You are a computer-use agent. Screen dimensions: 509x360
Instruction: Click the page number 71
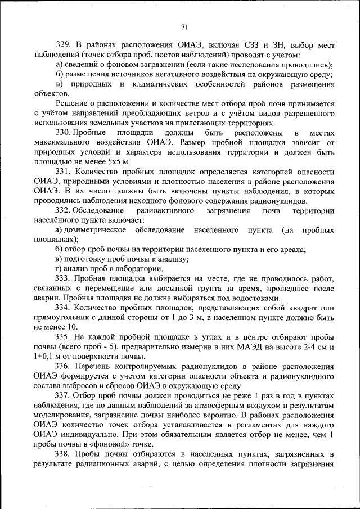184,26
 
